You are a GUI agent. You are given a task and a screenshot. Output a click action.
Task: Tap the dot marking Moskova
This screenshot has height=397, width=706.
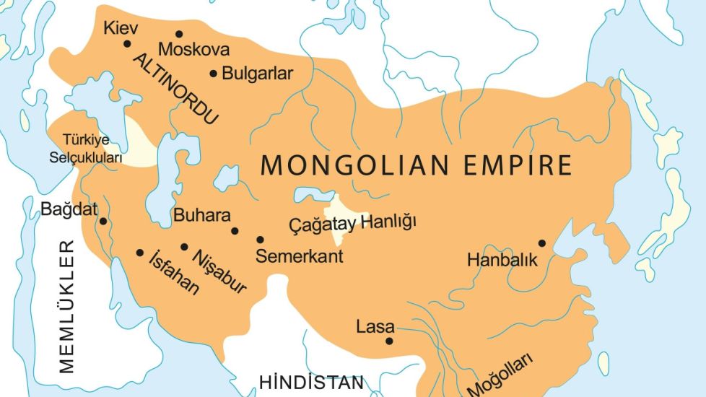(179, 34)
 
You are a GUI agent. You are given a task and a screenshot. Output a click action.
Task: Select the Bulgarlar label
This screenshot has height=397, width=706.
(258, 74)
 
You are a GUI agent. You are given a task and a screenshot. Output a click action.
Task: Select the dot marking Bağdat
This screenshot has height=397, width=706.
(103, 222)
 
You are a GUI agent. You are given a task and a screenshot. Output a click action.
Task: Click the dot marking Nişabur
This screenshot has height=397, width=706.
(184, 247)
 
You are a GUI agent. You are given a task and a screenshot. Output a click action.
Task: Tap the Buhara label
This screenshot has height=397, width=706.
(202, 215)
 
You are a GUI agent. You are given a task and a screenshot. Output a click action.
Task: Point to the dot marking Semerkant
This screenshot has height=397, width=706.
(260, 240)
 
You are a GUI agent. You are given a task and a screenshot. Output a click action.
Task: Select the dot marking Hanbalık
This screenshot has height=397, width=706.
(541, 243)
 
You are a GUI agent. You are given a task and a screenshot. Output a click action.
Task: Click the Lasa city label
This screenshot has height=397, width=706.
(375, 327)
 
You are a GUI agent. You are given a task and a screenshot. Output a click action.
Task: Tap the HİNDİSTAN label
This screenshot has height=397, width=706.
(312, 382)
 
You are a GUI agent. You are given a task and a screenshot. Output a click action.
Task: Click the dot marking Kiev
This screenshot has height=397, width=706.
(127, 43)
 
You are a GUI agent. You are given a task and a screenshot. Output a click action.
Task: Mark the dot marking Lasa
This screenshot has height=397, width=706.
(390, 341)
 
